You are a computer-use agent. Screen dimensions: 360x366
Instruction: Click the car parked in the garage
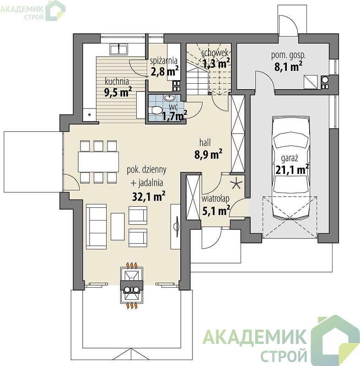pos(291,168)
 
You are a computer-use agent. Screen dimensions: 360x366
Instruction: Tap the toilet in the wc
pos(156,110)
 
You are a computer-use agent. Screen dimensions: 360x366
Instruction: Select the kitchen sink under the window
pos(118,49)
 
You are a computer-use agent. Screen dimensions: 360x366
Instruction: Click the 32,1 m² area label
pos(149,197)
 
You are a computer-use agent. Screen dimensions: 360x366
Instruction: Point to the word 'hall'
pos(205,142)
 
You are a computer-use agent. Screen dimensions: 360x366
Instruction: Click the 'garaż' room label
pos(290,159)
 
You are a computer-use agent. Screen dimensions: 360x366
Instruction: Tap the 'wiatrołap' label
pos(215,199)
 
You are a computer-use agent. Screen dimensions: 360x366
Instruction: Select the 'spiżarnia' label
pos(164,61)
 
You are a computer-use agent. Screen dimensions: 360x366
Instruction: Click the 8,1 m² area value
pos(288,66)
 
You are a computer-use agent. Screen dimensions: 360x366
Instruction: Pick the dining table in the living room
pos(98,161)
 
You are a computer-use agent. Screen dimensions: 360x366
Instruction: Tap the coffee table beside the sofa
pos(118,226)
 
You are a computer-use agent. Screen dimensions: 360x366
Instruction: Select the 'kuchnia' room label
pos(117,82)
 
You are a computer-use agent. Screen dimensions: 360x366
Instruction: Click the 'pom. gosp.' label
pos(288,55)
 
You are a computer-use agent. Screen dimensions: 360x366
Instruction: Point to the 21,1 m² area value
pos(292,169)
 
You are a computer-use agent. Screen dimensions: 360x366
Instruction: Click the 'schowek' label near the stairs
pos(215,53)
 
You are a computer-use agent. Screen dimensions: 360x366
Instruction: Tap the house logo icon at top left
pos(55,10)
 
